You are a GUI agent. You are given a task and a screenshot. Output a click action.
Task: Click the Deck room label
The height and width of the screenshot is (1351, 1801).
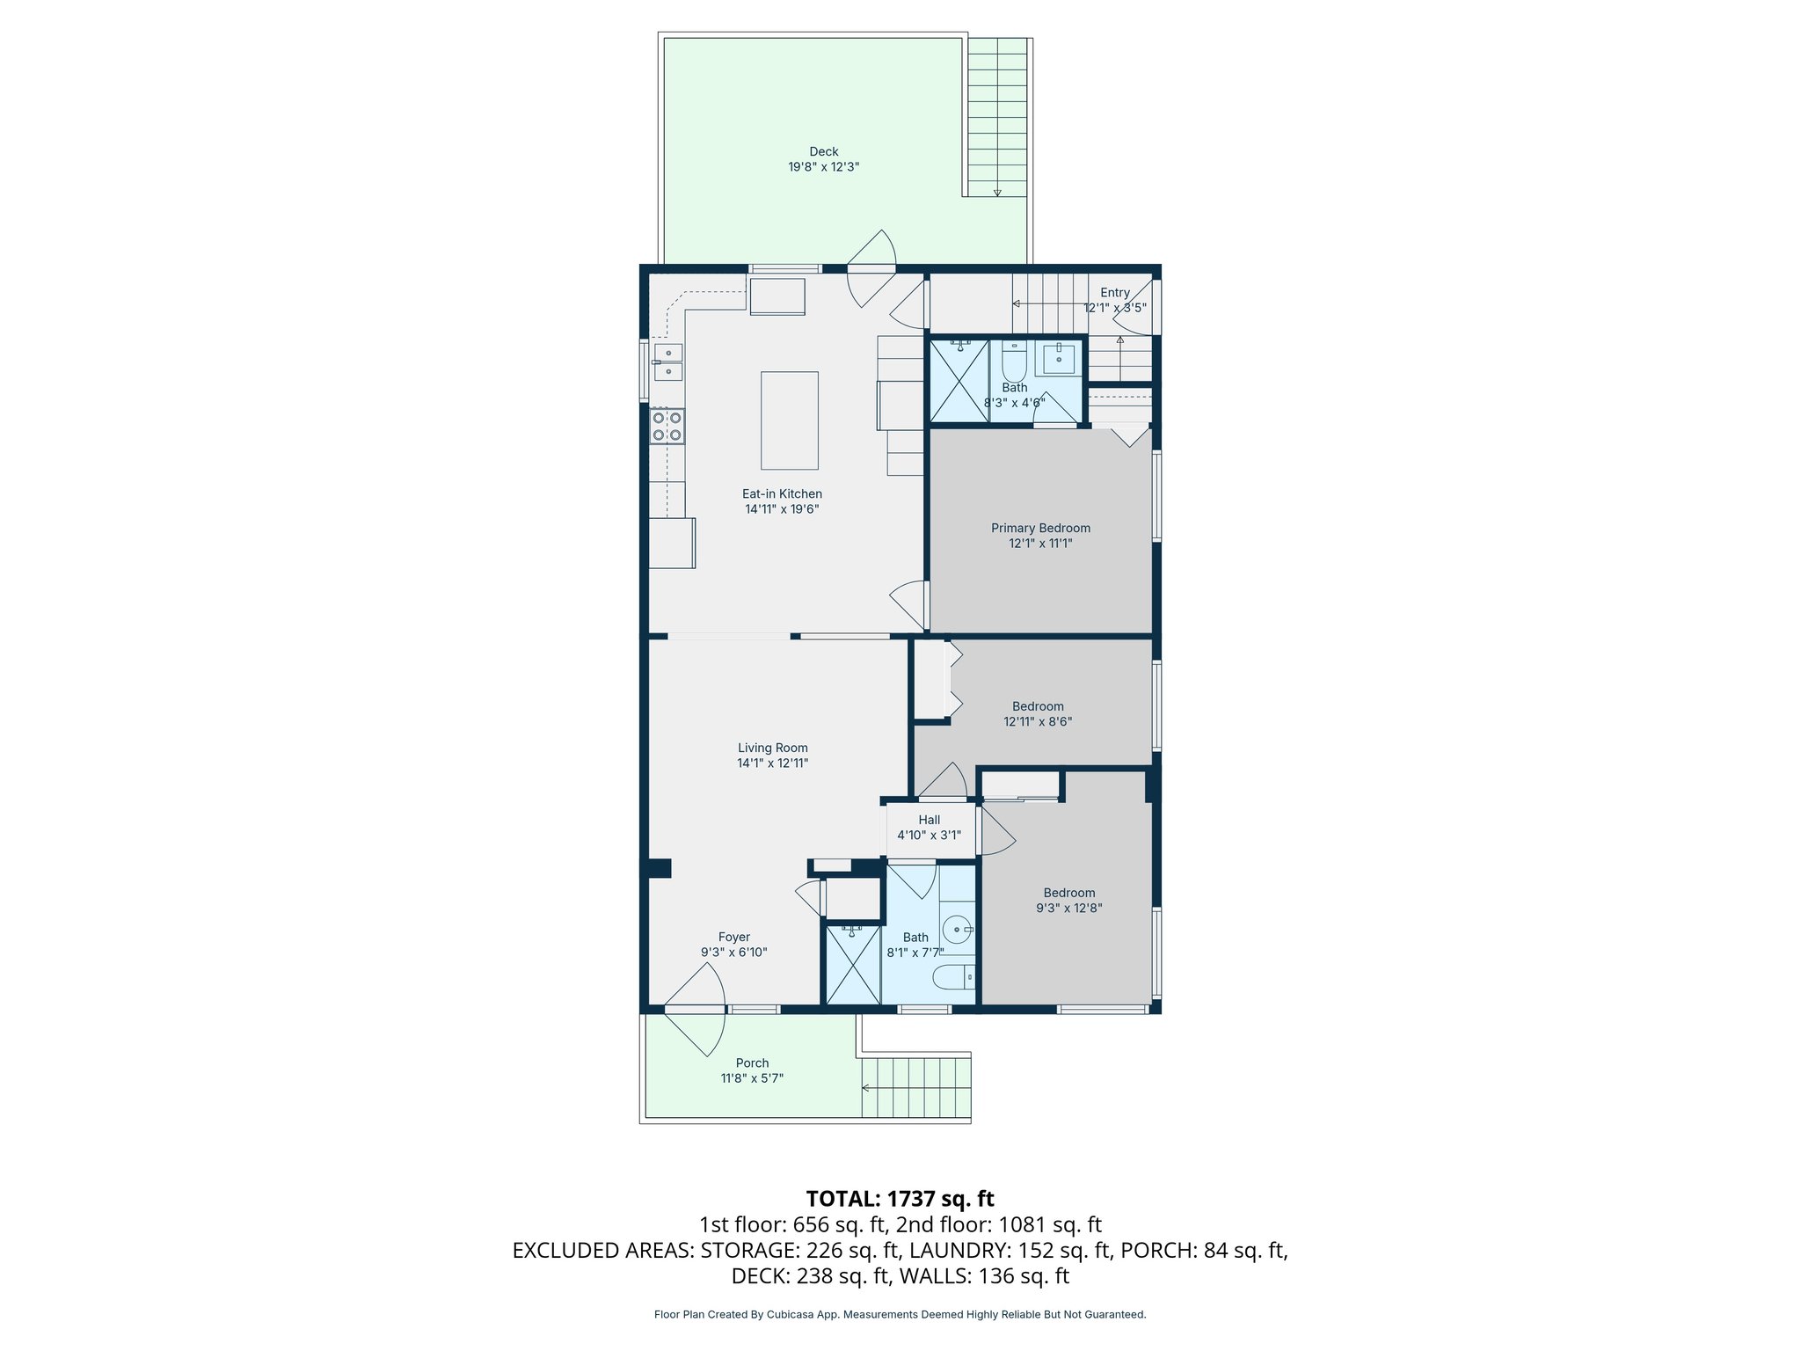click(x=823, y=151)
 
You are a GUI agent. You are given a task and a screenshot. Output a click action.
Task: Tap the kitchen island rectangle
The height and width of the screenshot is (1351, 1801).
click(x=789, y=420)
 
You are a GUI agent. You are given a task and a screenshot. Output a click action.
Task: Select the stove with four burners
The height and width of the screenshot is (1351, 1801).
click(x=667, y=427)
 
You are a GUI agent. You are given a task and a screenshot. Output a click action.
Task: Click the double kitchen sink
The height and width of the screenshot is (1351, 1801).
click(x=667, y=361)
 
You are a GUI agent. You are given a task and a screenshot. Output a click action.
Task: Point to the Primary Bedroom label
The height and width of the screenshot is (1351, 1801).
click(x=1040, y=528)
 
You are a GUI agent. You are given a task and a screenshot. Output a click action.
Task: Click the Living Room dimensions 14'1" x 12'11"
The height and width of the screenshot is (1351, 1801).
click(x=772, y=763)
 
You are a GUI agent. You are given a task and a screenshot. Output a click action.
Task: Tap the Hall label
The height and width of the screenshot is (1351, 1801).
click(x=929, y=820)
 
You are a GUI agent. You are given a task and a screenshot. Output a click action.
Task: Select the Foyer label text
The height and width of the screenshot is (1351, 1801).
click(x=733, y=938)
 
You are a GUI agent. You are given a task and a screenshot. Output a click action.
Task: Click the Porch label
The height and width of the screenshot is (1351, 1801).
click(x=752, y=1063)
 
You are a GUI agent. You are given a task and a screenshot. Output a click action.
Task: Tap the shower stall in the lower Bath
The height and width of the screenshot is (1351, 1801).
click(x=852, y=964)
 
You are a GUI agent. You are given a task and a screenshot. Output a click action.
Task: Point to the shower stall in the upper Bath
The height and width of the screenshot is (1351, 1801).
click(x=959, y=380)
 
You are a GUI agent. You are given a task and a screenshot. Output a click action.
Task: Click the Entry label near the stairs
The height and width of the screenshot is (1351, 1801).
click(x=1114, y=293)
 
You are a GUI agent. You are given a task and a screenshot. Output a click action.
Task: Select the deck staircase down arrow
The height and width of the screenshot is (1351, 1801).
click(x=996, y=192)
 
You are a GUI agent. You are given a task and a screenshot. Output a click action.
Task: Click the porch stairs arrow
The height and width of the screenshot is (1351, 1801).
click(x=865, y=1088)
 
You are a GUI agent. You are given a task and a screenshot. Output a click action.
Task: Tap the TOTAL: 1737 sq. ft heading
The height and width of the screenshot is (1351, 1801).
click(x=900, y=1199)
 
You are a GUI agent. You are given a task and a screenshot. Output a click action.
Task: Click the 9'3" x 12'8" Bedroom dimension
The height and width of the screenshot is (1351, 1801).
click(x=1068, y=909)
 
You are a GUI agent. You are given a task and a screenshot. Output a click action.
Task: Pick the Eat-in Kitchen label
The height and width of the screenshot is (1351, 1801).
click(x=782, y=493)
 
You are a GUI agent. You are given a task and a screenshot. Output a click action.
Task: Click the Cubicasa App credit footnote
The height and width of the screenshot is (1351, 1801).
click(x=900, y=1314)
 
